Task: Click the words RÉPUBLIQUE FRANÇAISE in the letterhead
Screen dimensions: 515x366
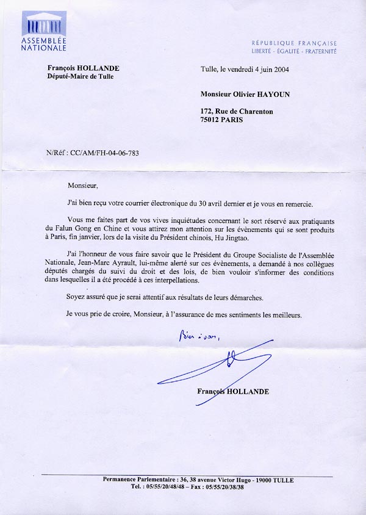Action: coord(295,44)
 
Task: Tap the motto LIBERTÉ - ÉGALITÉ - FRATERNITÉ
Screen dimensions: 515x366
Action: coord(295,52)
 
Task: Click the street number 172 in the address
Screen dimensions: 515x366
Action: coord(207,111)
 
